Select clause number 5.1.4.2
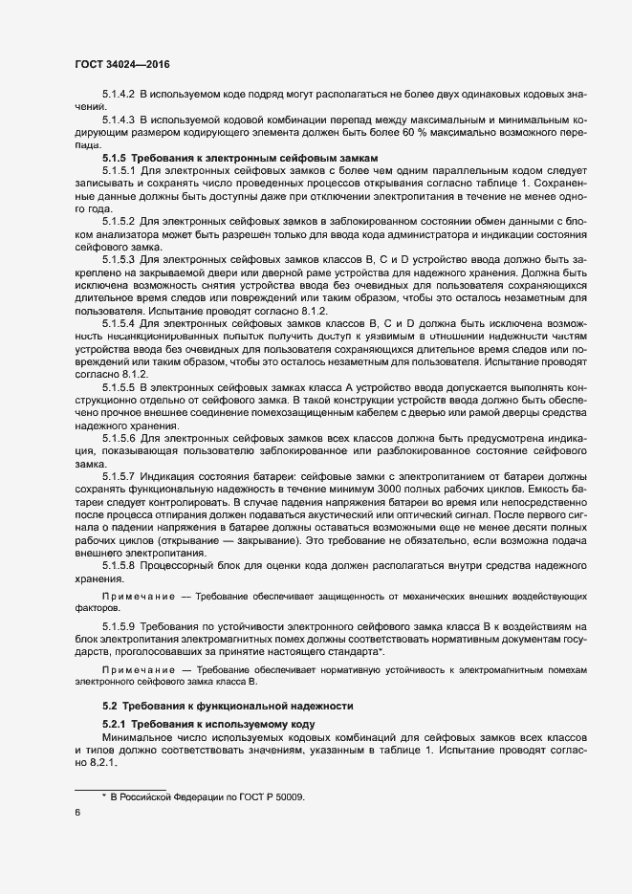coord(119,98)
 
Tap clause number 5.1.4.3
coord(119,120)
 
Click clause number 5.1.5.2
coord(119,220)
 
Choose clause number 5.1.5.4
coord(119,324)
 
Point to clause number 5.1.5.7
coord(119,475)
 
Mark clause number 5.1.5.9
coord(119,625)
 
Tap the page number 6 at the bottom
coord(77,813)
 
